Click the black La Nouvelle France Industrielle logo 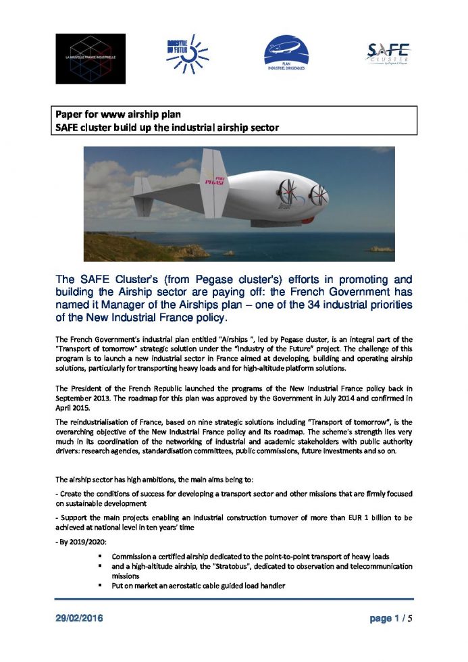click(90, 58)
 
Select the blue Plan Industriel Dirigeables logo click(285, 55)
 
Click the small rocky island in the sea click(380, 249)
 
